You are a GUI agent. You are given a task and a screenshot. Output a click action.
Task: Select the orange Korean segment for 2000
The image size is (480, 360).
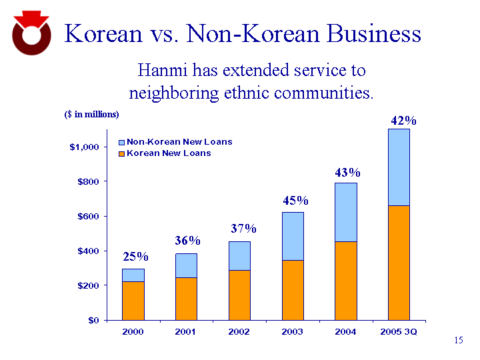coord(133,301)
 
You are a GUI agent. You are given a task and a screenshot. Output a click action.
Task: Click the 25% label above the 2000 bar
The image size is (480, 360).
coord(135,257)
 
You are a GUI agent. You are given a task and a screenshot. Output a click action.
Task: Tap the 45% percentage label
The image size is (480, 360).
coord(295,201)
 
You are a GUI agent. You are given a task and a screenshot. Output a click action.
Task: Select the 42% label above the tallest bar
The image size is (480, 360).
coord(403,121)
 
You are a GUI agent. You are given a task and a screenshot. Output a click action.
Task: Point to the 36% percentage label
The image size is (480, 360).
coord(188,241)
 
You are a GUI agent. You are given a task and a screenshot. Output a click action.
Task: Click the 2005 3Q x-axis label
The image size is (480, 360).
coord(399,332)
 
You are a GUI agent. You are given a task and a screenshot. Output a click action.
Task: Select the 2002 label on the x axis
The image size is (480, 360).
coord(239,332)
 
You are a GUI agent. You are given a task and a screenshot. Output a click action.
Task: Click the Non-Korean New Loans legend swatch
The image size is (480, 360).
coord(121,142)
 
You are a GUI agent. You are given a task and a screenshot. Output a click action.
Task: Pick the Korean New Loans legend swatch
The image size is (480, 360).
coord(121,153)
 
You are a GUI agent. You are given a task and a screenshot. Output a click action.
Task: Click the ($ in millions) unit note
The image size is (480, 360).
coord(91,115)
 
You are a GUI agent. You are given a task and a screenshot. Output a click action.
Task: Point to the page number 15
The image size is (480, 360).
coord(458,341)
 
